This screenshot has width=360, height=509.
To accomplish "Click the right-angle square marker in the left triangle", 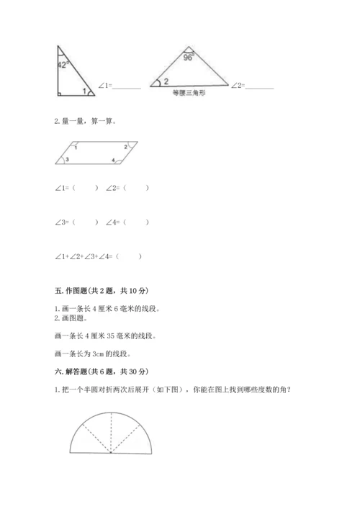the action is pos(59,91).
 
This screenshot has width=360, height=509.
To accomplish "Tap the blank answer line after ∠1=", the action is pos(127,87).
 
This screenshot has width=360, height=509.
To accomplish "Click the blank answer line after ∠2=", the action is pos(258,87).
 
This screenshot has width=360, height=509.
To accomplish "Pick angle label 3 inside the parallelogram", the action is pos(68,159).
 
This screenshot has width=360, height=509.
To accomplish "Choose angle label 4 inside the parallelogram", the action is pos(113,159).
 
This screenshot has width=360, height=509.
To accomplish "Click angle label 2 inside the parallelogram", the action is pos(125,147).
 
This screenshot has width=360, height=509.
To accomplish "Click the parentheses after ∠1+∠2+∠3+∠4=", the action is pos(129,256).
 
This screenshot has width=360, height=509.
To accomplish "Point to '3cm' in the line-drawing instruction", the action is pos(100,353).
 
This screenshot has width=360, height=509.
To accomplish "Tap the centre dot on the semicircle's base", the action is pos(112,454).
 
